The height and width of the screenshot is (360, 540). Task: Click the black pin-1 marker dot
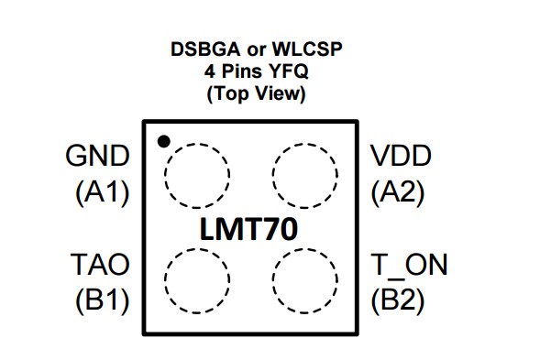tap(163, 141)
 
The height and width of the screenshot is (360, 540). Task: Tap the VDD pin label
tap(400, 157)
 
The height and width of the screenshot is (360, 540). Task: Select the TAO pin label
tap(100, 266)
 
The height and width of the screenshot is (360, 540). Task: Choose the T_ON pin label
tap(409, 266)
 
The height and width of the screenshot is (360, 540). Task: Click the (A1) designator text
tap(101, 192)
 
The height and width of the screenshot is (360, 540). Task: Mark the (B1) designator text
tap(101, 300)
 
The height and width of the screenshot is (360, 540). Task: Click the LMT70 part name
tap(249, 229)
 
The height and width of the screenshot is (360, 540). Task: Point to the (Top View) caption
tap(256, 93)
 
